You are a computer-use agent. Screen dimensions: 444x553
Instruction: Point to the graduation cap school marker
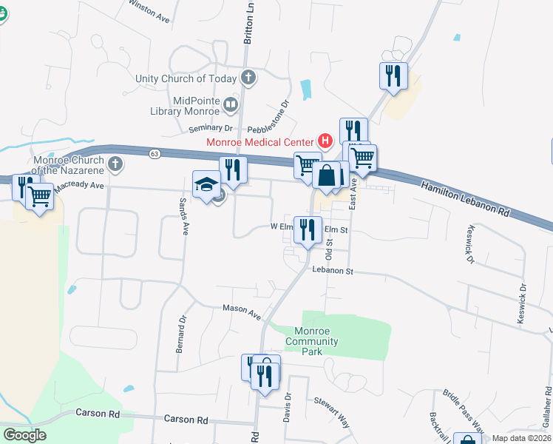coord(206,185)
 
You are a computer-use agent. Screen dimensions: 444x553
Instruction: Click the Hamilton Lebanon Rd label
coord(466,200)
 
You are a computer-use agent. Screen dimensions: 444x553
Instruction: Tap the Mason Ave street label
coord(242,312)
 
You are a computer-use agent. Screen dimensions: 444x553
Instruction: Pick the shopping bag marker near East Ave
coord(326,177)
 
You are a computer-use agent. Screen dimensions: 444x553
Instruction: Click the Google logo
coord(24,435)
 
